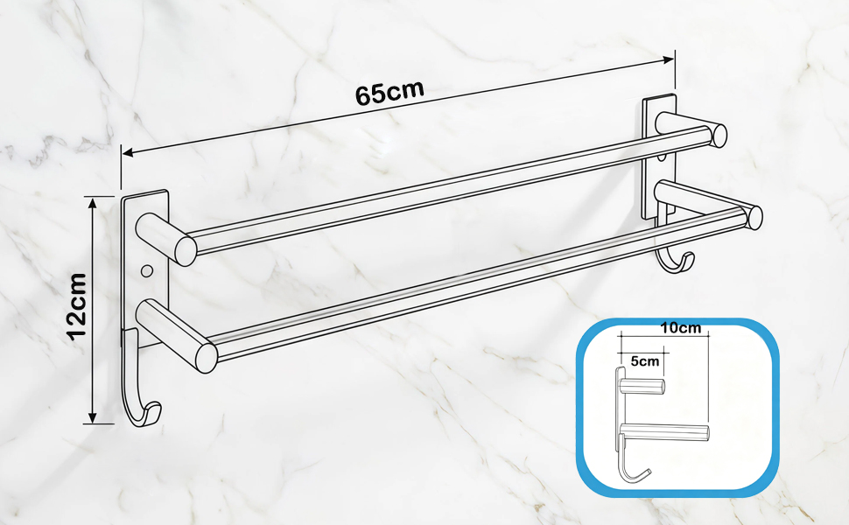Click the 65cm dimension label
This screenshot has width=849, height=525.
pyautogui.click(x=389, y=93)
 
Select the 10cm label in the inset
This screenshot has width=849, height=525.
pyautogui.click(x=681, y=327)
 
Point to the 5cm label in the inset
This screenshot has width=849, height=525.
pyautogui.click(x=644, y=361)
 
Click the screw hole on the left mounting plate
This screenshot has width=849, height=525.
pyautogui.click(x=145, y=270)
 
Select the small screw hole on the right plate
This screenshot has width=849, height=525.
pyautogui.click(x=662, y=158)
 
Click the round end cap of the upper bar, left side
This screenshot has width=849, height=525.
pyautogui.click(x=184, y=250)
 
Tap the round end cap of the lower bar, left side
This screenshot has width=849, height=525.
pyautogui.click(x=206, y=357)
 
